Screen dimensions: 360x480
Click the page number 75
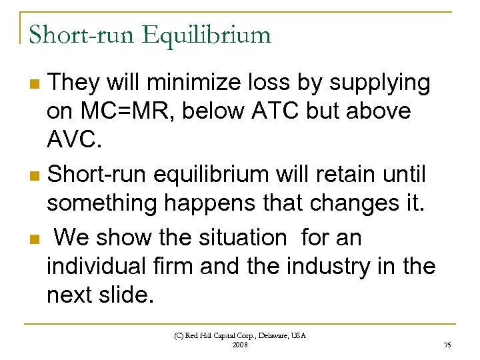point(447,345)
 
